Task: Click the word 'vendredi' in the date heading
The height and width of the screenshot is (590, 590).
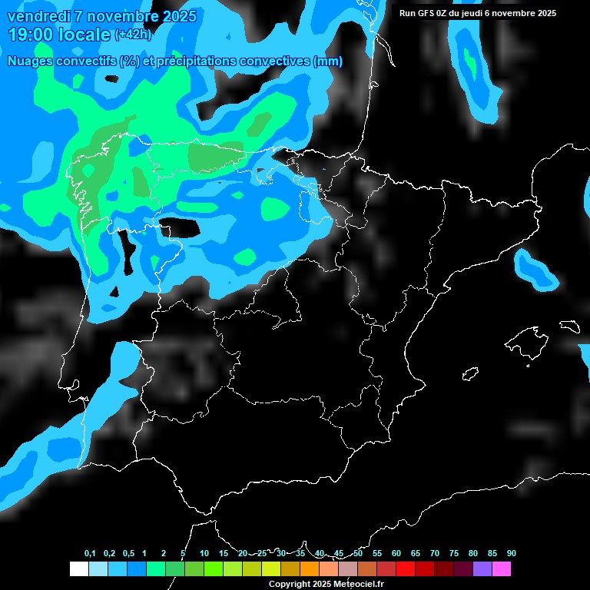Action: [x=38, y=16]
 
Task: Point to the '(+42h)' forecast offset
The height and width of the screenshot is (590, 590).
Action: [x=134, y=35]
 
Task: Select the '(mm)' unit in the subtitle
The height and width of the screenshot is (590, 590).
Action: [x=328, y=61]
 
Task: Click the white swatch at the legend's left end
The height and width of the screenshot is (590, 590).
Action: [x=78, y=569]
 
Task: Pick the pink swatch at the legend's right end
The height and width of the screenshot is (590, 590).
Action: [x=502, y=569]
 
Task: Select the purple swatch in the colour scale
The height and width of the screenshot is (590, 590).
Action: [x=482, y=569]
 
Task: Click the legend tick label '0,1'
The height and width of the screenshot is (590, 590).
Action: [x=90, y=554]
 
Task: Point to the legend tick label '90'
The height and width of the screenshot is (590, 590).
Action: [x=512, y=554]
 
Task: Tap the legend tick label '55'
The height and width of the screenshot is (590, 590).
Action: [x=377, y=554]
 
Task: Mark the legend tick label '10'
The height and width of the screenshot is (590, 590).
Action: [x=204, y=554]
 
